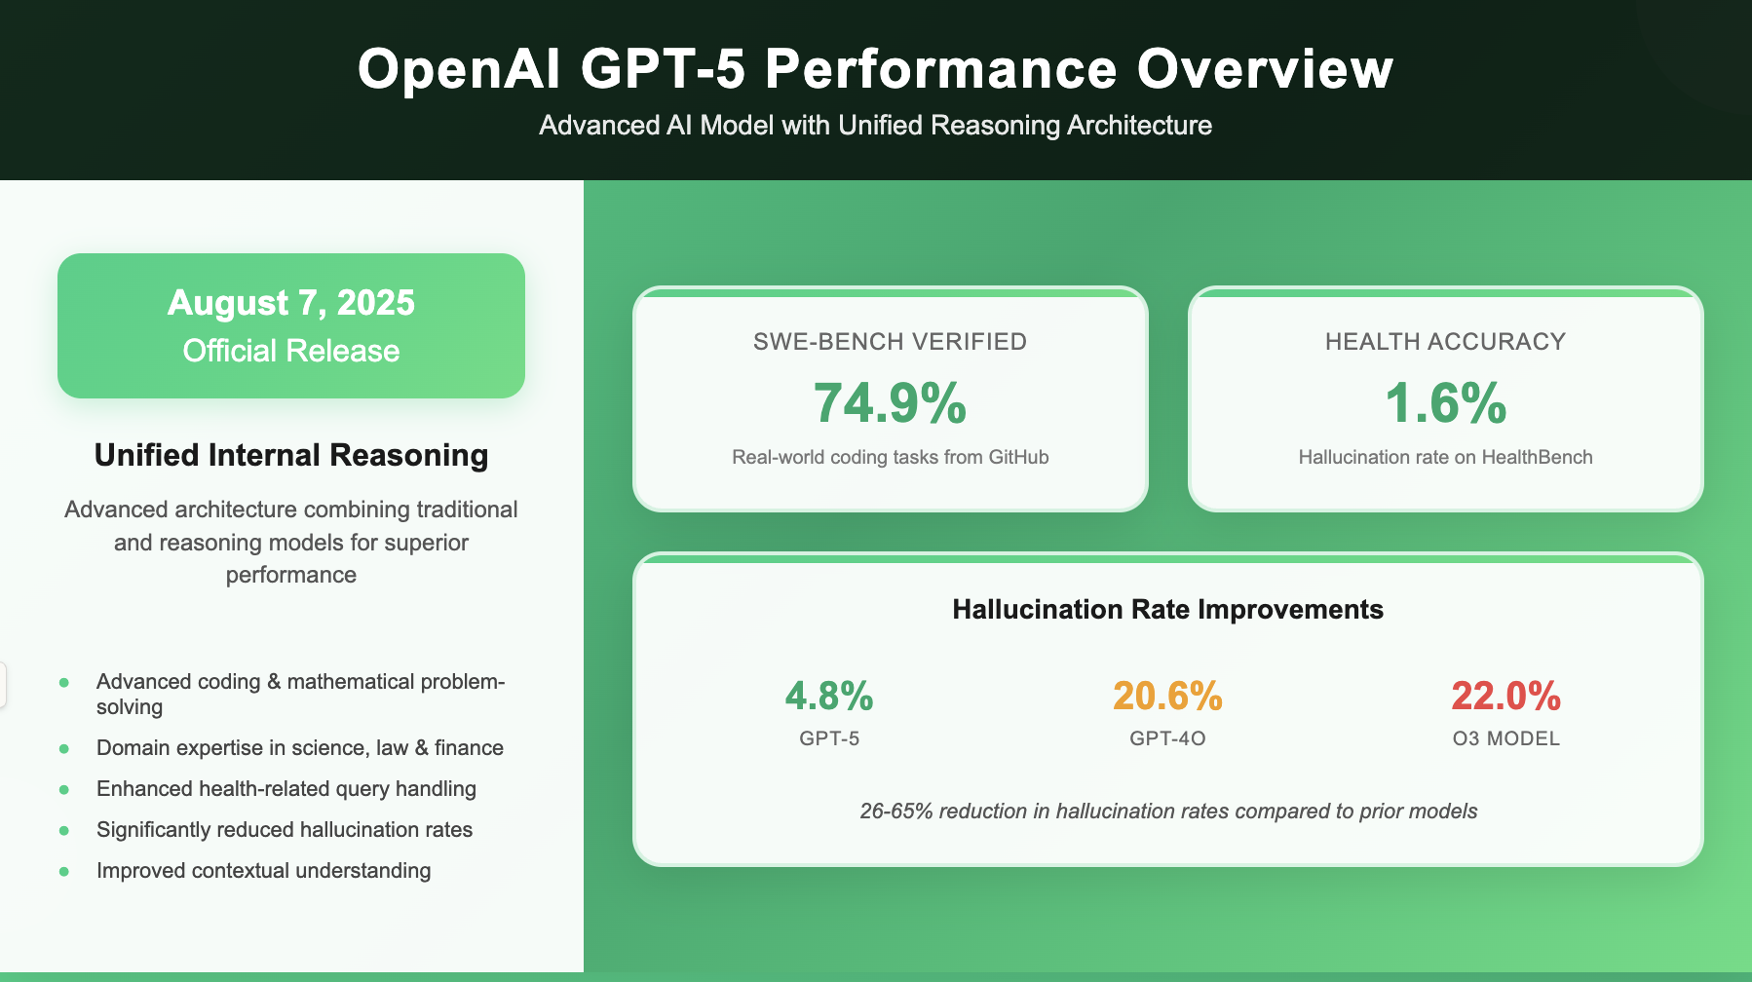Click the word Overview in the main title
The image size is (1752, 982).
1265,70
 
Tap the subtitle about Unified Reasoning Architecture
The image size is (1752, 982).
875,126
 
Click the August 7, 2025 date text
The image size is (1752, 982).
290,303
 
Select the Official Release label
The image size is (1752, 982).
290,351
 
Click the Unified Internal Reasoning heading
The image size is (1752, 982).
290,455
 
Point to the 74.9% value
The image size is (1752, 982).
890,403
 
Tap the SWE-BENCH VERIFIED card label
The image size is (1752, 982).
890,342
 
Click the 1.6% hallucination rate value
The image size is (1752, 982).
1445,403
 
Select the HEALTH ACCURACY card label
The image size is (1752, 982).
1445,342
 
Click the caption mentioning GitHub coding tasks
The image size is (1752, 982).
890,457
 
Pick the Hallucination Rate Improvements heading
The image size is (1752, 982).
1167,610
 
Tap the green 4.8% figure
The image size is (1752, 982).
829,696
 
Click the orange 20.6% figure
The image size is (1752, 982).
1167,696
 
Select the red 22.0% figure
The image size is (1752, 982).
1505,696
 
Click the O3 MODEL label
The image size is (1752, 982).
1505,738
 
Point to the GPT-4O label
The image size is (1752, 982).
1167,738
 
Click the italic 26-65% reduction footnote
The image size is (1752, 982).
1167,812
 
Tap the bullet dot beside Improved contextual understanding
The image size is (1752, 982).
64,871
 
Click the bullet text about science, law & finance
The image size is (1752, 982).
299,748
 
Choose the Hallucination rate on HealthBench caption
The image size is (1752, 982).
1445,457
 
